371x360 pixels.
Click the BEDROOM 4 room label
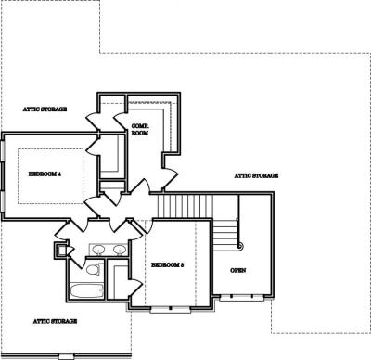coord(45,174)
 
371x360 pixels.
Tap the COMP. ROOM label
coord(140,130)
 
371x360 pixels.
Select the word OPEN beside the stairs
coord(238,270)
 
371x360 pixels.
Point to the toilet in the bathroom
coord(95,269)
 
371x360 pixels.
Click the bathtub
coord(87,290)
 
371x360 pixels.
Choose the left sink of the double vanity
coord(99,249)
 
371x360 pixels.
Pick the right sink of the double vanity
coord(119,249)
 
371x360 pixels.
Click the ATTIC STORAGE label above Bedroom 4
coord(45,109)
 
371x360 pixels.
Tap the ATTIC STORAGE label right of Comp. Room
coord(256,175)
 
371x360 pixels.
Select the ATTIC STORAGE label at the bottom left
coord(55,321)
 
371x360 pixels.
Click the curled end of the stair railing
coord(240,246)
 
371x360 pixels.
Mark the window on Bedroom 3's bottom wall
coord(170,309)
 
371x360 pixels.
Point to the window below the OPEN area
coord(242,298)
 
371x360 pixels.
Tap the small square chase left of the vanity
coord(61,250)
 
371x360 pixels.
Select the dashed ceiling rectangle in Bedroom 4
coord(50,176)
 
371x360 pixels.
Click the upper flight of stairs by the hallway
coord(185,206)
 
